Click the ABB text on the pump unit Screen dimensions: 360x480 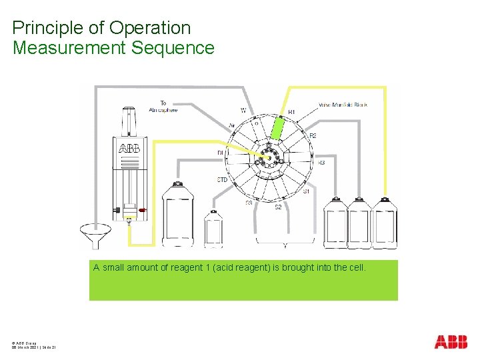[129, 148]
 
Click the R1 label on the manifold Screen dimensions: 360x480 [291, 111]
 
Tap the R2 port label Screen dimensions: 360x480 [312, 136]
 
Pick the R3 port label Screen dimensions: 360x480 [321, 162]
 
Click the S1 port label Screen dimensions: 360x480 [306, 191]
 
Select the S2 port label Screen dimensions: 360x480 [278, 207]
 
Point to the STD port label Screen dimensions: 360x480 [223, 180]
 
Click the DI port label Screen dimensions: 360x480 [220, 153]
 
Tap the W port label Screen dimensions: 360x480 [243, 110]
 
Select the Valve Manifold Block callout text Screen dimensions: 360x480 [343, 105]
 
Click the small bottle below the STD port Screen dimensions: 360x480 [213, 229]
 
